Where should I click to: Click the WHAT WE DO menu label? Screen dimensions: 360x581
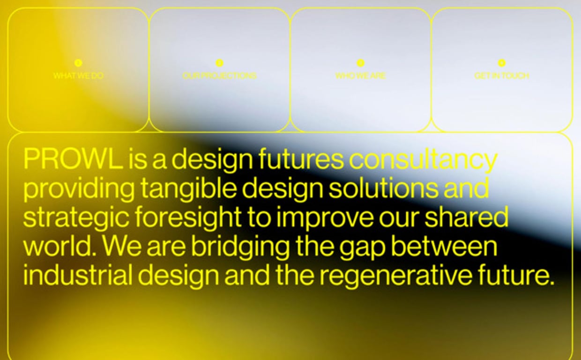[78, 75]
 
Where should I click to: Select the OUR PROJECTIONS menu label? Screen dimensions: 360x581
[219, 75]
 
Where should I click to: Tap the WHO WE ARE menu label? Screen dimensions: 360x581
[360, 75]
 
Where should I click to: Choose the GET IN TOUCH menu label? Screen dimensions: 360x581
[501, 75]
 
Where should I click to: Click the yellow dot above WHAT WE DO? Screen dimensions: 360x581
[78, 63]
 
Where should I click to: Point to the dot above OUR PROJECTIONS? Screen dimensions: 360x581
[219, 63]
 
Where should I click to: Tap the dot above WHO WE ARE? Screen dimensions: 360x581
[360, 63]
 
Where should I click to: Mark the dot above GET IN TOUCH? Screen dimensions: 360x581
[501, 63]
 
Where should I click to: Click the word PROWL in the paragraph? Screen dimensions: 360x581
[73, 159]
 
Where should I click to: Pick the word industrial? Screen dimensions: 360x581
[77, 276]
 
